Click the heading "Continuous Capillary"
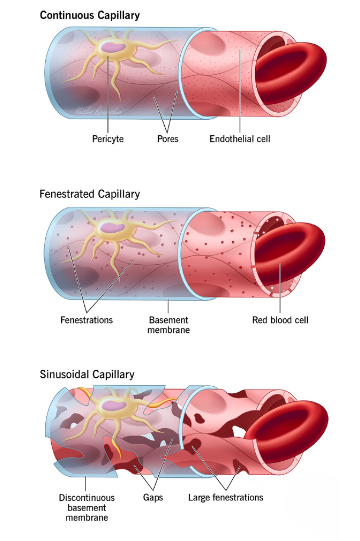tap(89, 15)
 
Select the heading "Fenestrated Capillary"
tap(89, 194)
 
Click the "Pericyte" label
tap(107, 139)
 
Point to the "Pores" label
tap(168, 139)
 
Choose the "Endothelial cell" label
tap(240, 139)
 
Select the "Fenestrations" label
tap(86, 319)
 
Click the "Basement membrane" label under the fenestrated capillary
tap(168, 325)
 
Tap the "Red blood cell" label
tap(280, 319)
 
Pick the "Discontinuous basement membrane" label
tap(86, 507)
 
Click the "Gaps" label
tap(153, 497)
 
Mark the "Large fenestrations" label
tap(225, 497)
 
